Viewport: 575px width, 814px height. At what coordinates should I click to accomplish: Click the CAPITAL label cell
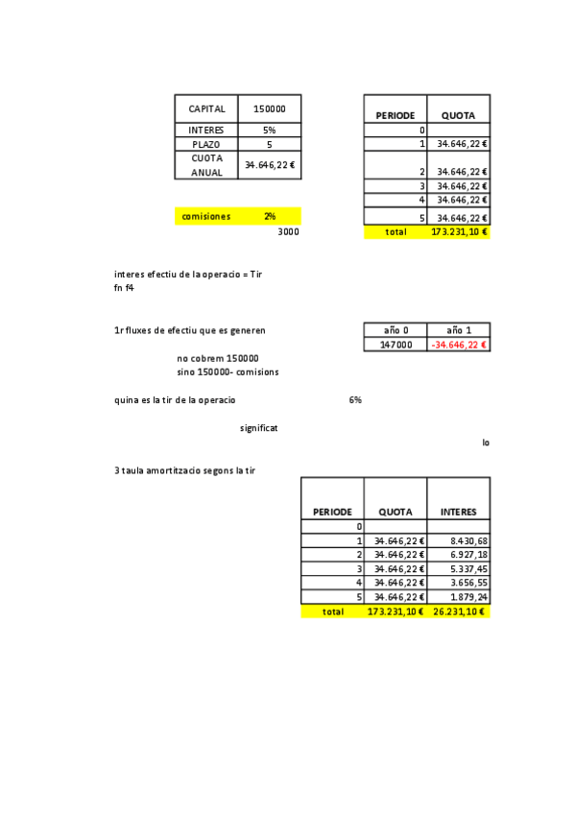point(206,109)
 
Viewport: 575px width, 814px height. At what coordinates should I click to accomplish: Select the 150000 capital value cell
point(270,109)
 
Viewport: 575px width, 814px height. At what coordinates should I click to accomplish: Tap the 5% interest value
point(270,130)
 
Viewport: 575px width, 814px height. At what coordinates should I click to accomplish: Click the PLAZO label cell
point(206,144)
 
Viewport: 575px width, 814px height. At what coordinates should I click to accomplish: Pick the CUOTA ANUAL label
point(206,164)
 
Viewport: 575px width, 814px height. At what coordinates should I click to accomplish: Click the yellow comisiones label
point(206,217)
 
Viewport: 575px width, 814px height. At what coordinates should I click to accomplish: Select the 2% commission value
point(270,217)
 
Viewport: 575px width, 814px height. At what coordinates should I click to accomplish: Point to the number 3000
point(288,232)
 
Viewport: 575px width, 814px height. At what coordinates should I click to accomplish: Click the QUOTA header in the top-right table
point(458,115)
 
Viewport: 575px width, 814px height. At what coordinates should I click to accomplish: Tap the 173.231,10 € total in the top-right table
point(459,232)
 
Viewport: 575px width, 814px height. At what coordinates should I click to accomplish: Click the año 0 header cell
point(395,329)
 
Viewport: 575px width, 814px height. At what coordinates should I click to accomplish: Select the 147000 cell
point(395,344)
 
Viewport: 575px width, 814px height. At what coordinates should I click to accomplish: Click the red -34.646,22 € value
point(459,344)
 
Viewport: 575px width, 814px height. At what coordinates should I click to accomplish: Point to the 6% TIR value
point(355,399)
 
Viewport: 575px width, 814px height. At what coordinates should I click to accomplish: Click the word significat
point(259,427)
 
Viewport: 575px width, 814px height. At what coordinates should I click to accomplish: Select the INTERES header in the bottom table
point(458,512)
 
